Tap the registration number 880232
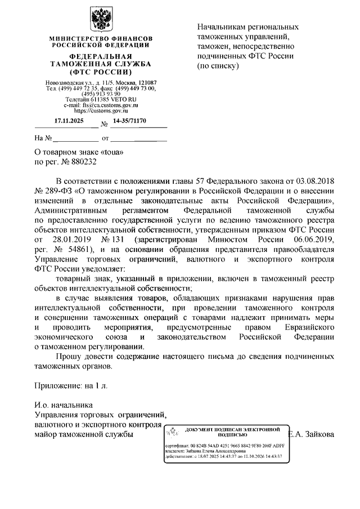click(x=82, y=161)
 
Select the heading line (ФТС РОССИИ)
click(x=101, y=73)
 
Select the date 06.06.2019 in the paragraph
click(x=307, y=239)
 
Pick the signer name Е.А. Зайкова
click(x=319, y=435)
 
